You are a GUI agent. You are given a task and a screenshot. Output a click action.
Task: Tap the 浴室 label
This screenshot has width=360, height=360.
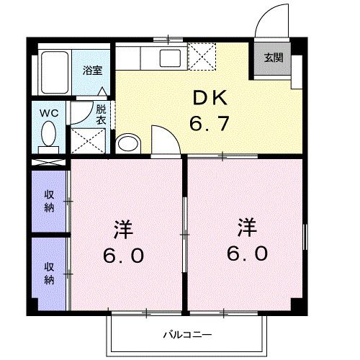(x=91, y=71)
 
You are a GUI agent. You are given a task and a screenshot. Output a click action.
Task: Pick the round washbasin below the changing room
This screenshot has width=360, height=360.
(x=126, y=143)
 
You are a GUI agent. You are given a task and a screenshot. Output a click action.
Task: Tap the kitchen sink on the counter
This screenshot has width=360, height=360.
(x=172, y=58)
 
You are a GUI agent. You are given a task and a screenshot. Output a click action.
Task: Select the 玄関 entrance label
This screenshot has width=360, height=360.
(x=273, y=58)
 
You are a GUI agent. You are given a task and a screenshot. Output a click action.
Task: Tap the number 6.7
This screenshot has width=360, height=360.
(x=209, y=124)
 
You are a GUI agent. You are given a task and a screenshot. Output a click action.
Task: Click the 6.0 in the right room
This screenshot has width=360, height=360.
(x=249, y=253)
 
